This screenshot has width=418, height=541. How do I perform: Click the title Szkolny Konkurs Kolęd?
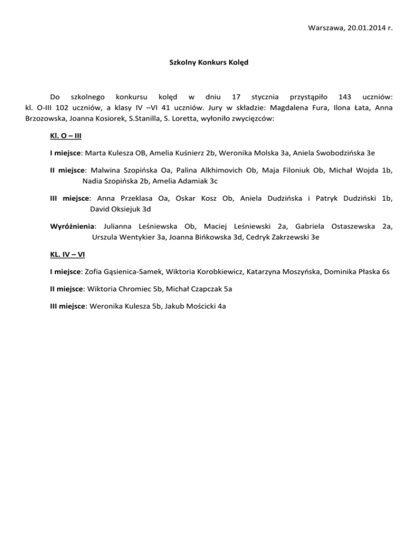209,63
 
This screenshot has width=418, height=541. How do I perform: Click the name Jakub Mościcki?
187,306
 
